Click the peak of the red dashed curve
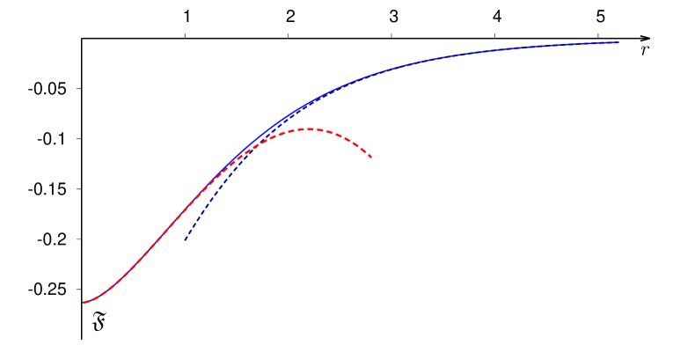tap(310, 129)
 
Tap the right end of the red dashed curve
tap(372, 158)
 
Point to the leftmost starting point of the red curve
tap(84, 303)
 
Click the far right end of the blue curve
tap(618, 42)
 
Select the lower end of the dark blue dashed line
tap(185, 240)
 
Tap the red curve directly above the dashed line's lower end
tap(185, 210)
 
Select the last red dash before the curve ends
tap(368, 154)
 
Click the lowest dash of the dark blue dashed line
tap(186, 238)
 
